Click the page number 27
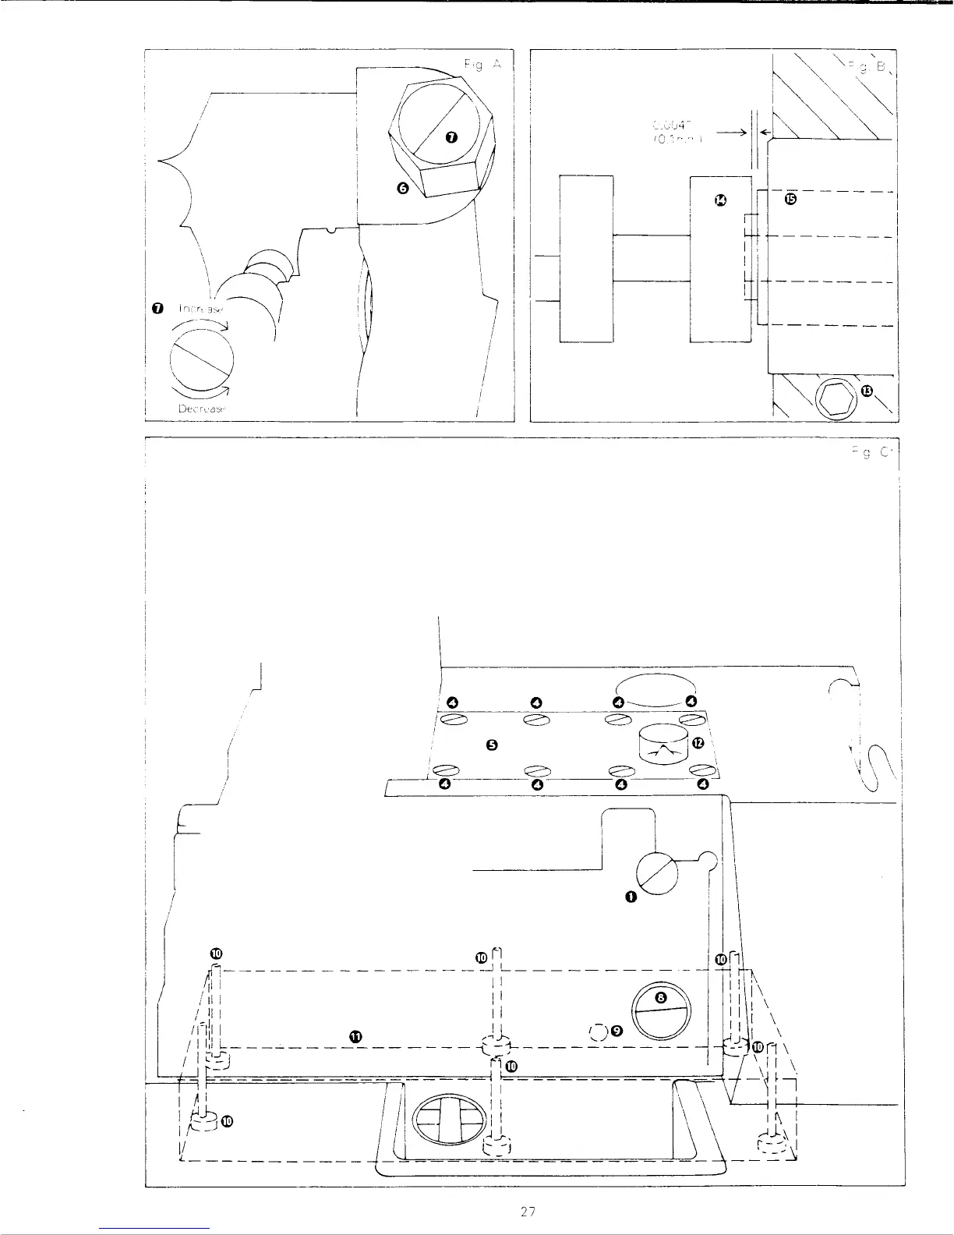point(528,1212)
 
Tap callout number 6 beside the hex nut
point(402,187)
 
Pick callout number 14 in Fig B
point(720,202)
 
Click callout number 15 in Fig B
point(790,199)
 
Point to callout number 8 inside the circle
point(660,996)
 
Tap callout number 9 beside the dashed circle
point(617,1030)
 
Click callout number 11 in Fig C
point(355,1036)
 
